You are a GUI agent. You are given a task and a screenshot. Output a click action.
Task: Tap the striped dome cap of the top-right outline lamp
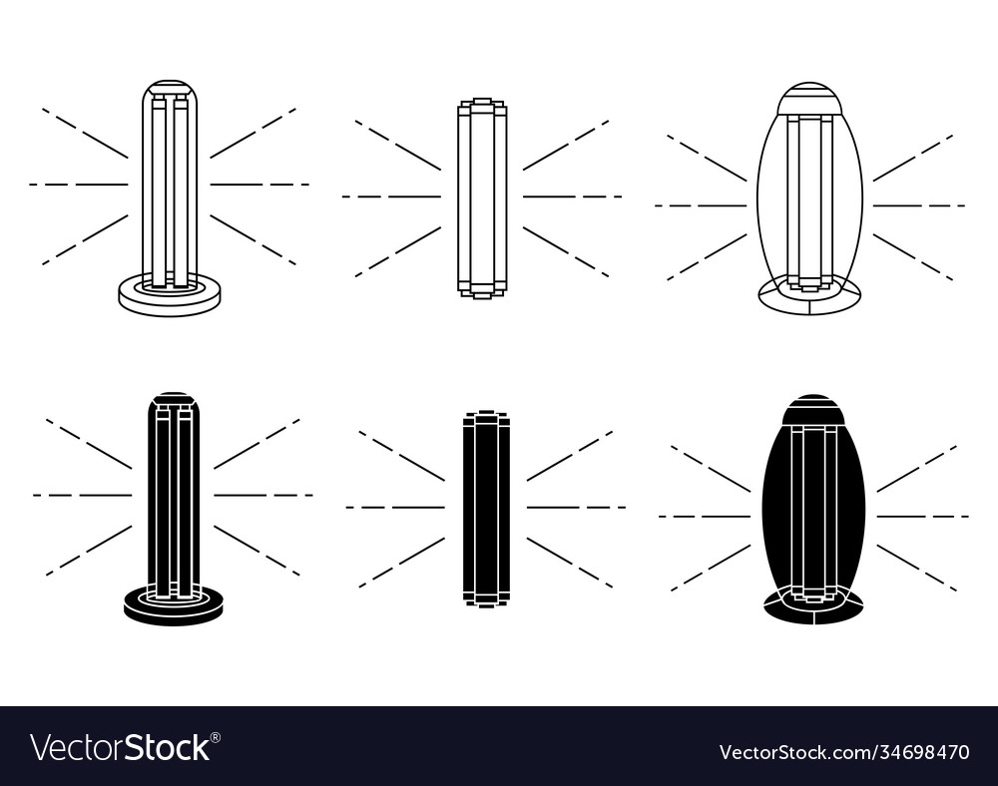pos(809,99)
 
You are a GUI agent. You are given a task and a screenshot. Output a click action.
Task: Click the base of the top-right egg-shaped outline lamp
pos(809,300)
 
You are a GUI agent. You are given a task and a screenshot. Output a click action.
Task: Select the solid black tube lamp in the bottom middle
pos(486,508)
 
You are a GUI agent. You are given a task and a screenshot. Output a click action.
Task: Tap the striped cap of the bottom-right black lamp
pos(813,410)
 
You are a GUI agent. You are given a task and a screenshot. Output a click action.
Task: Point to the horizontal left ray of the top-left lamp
pos(79,185)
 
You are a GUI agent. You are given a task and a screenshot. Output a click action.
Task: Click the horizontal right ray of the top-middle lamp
pos(572,196)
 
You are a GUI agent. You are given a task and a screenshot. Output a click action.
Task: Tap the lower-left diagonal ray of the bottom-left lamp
pos(89,551)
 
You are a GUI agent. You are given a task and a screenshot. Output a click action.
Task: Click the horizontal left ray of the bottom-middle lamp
pos(395,508)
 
